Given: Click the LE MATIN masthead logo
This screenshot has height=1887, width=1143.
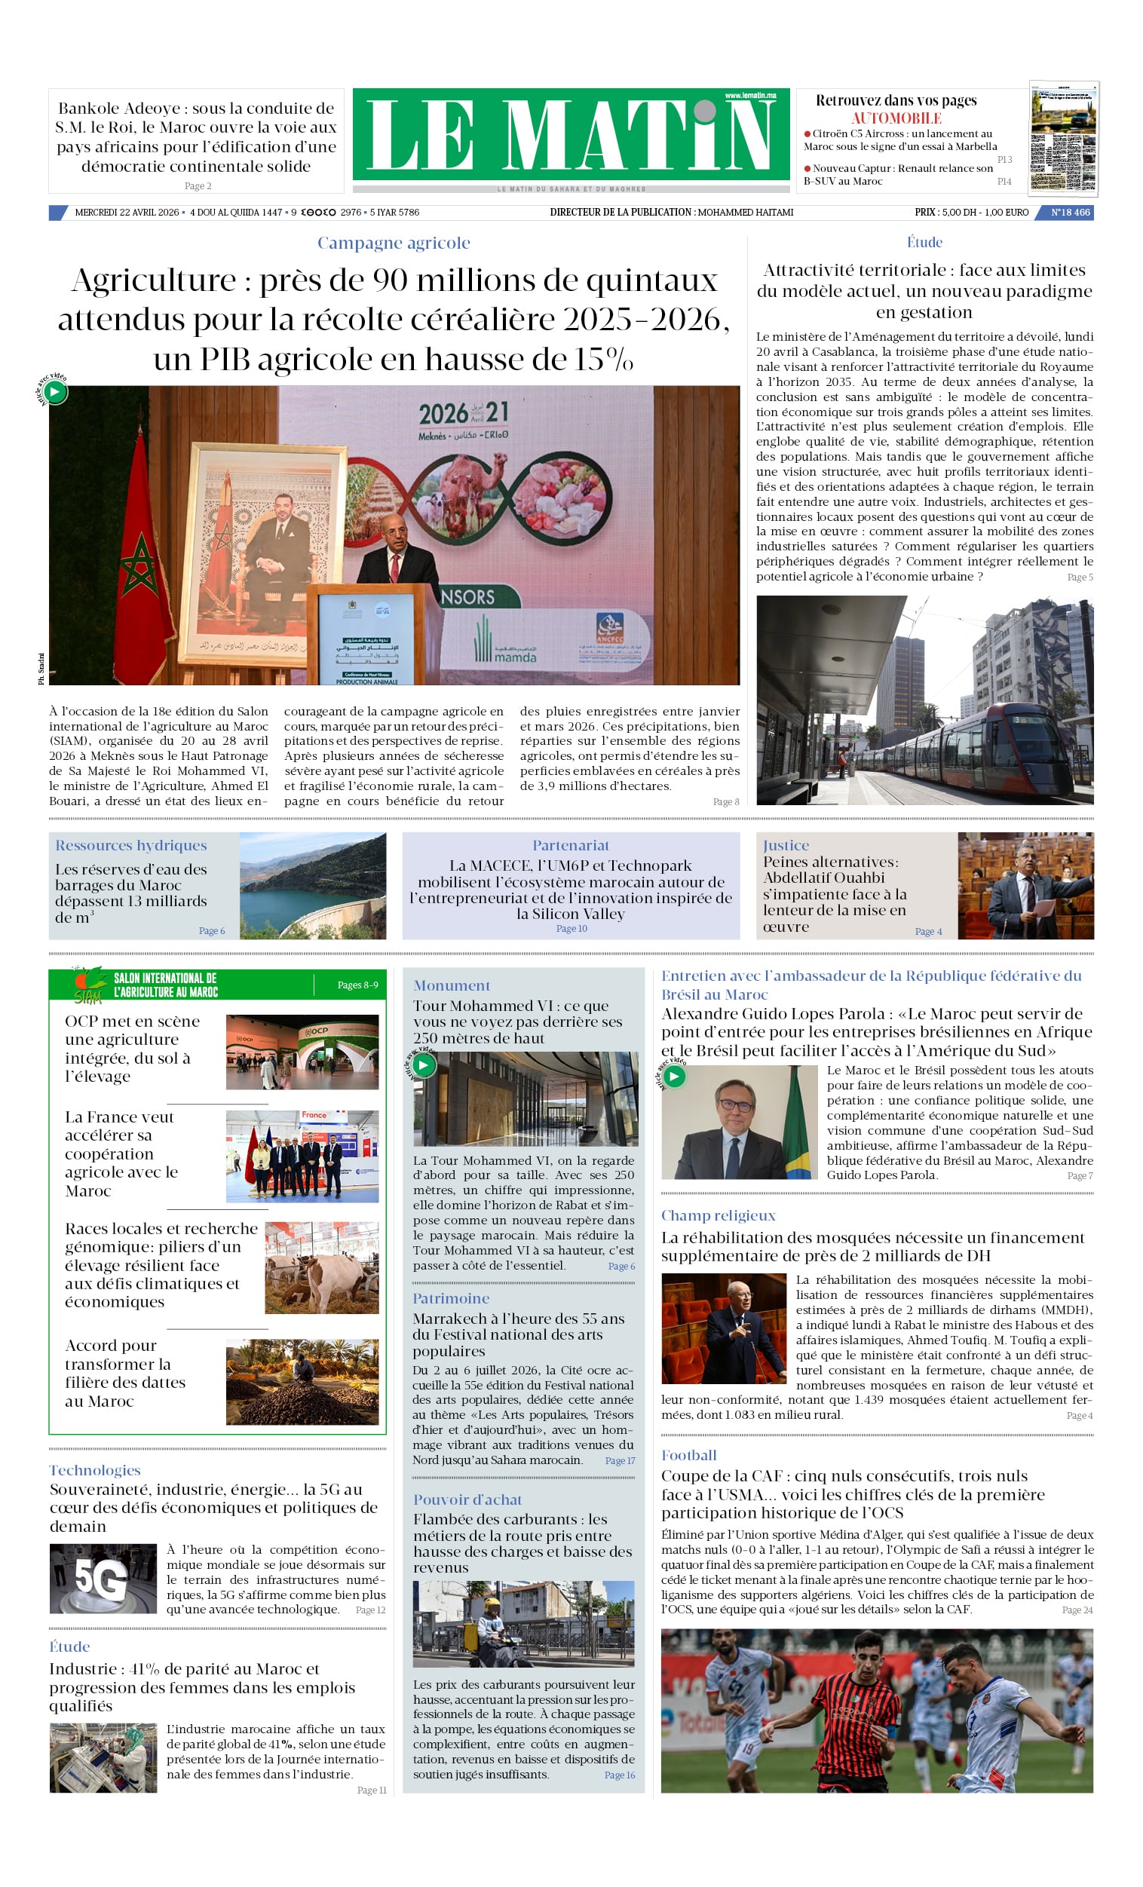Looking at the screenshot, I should [571, 135].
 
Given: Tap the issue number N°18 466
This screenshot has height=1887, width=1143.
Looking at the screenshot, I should [1069, 212].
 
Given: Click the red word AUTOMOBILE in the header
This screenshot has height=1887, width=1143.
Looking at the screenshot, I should [896, 118].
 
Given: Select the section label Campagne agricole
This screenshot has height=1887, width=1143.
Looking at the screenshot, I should [394, 243].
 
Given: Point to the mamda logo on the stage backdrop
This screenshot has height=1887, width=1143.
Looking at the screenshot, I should [507, 643].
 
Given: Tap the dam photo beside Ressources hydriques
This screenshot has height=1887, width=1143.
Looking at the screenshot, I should [313, 885].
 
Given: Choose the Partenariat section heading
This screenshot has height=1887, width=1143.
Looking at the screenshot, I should [571, 845].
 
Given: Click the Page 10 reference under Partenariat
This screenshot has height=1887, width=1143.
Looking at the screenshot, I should [571, 928].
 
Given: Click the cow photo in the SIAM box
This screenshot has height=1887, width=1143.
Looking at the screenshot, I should [321, 1267].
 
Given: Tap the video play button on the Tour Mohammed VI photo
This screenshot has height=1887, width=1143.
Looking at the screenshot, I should [424, 1065].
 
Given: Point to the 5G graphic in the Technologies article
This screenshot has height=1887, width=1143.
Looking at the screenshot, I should [103, 1579].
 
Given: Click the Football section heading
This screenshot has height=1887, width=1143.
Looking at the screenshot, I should [688, 1455].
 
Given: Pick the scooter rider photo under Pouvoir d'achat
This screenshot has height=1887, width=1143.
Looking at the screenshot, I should [523, 1623].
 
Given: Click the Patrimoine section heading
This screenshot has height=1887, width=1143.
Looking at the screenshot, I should [450, 1298].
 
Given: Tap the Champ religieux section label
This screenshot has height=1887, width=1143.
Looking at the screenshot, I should [718, 1215].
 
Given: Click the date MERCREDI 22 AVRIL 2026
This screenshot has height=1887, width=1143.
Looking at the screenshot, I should [127, 212].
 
